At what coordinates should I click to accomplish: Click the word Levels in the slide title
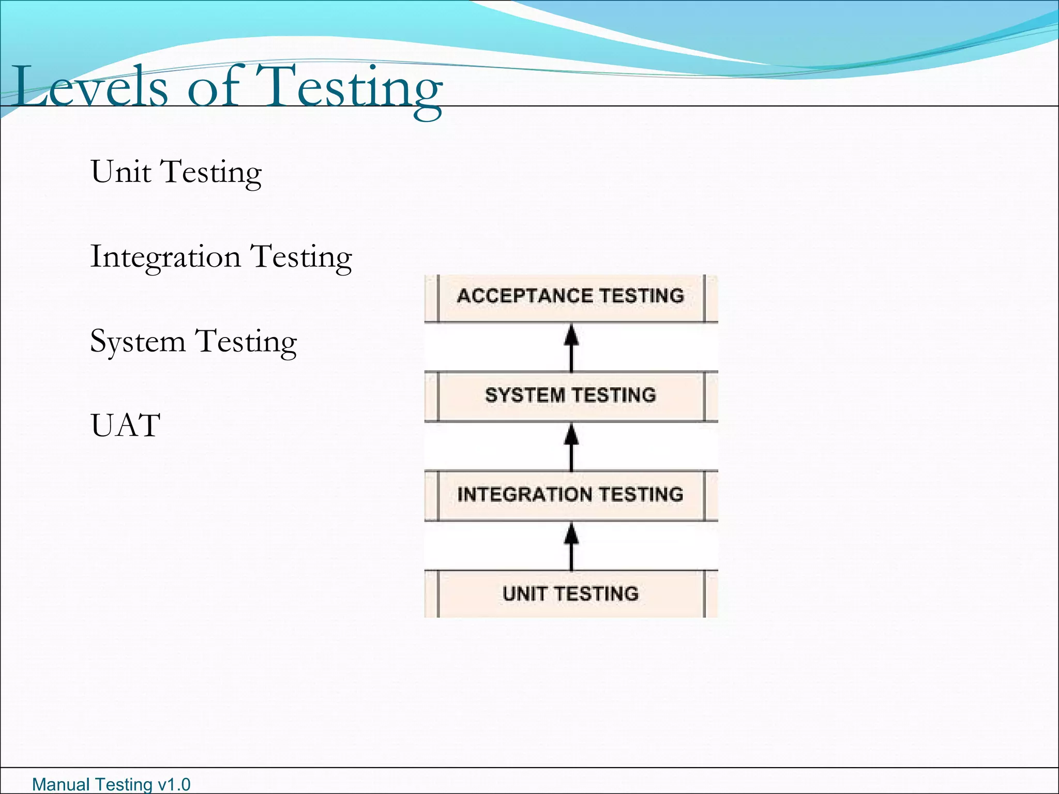[91, 87]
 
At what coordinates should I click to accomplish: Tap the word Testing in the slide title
[350, 88]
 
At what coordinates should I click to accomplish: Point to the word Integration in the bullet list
[165, 257]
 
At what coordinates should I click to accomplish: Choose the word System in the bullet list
[138, 342]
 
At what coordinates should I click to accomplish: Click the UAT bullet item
[125, 426]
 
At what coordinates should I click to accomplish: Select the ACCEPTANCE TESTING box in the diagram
[571, 297]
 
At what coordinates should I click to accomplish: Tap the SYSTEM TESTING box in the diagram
[571, 396]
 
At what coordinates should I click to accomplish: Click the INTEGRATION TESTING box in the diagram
[571, 495]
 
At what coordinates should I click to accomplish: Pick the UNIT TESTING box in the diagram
[571, 594]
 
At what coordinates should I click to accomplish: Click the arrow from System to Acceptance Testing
[571, 347]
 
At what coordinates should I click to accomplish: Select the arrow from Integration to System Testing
[571, 446]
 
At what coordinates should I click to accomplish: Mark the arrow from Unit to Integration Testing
[571, 545]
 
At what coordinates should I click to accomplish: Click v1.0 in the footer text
[174, 785]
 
